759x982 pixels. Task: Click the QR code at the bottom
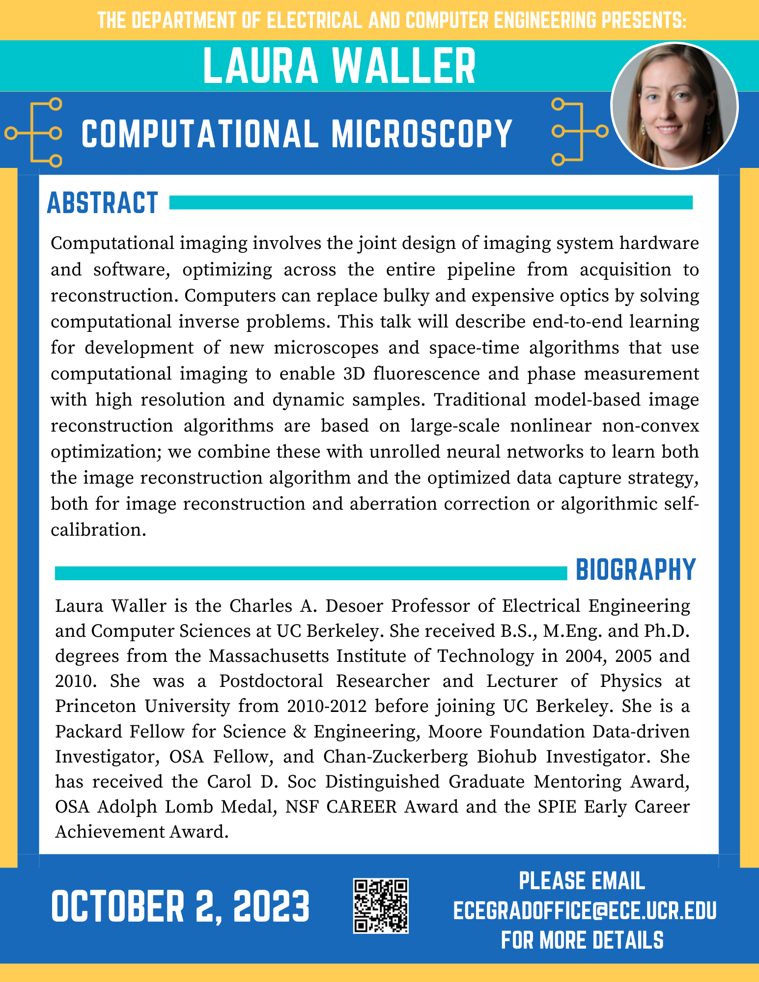[381, 905]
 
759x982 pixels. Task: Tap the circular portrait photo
[674, 106]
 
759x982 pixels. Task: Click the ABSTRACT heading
[102, 203]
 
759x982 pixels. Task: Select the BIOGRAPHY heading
[636, 570]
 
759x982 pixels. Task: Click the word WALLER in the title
[404, 66]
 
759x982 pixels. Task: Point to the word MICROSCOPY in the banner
[422, 134]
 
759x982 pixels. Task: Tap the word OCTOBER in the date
[117, 906]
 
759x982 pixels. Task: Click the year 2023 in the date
[271, 906]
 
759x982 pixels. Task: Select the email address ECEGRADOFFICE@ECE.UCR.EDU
[585, 910]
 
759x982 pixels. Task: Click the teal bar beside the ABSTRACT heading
[430, 202]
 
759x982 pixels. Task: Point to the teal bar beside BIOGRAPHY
[310, 573]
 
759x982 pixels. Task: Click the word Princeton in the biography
[93, 706]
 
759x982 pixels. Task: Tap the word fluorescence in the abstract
[426, 374]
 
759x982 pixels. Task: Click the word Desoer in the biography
[354, 606]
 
